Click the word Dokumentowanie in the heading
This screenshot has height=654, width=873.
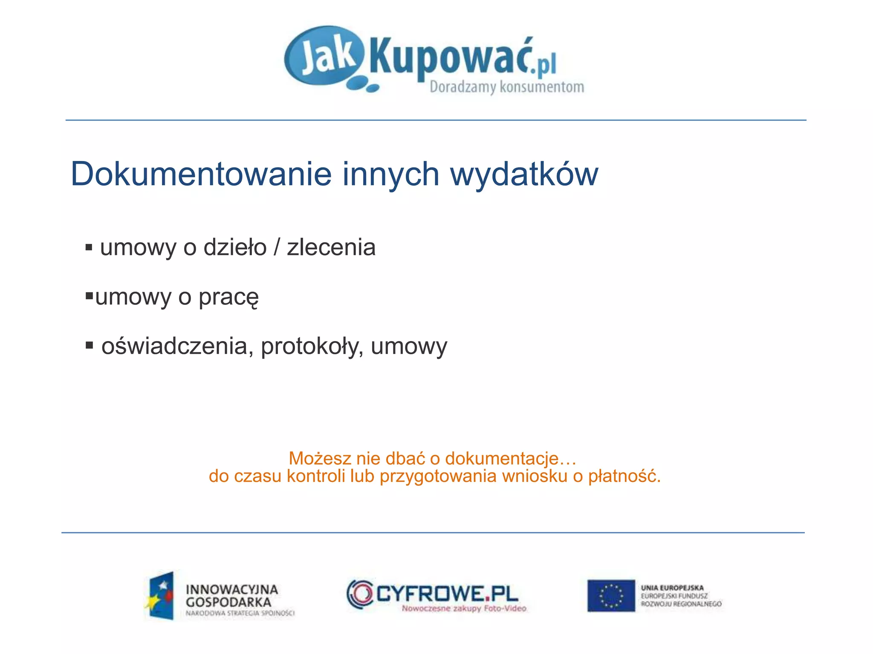click(201, 174)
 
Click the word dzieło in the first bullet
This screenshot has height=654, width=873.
click(235, 247)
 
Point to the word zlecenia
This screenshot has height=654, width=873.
click(331, 247)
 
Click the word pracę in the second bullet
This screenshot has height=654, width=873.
click(228, 298)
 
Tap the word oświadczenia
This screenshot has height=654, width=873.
click(174, 346)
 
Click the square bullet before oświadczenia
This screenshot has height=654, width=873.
click(89, 345)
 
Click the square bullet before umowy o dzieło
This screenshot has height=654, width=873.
click(89, 247)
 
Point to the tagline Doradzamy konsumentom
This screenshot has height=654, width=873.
click(506, 87)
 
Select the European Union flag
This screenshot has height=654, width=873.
click(611, 595)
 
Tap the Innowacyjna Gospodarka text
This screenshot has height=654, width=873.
click(231, 596)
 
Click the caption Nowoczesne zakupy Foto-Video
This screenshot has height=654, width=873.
click(464, 608)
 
